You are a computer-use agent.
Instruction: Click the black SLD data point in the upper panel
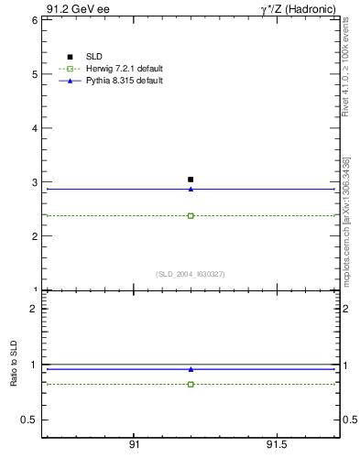point(191,180)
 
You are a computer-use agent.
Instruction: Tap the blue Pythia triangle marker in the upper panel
point(191,189)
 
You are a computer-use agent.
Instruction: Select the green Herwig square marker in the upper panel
point(191,216)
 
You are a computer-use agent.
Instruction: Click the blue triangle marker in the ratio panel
point(191,369)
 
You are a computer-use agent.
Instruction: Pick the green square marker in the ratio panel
point(191,384)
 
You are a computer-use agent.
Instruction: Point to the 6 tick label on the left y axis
point(33,19)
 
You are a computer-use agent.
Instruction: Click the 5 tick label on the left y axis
point(33,73)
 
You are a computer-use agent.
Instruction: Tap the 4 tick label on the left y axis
point(33,128)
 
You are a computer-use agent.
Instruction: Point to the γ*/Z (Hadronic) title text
point(298,8)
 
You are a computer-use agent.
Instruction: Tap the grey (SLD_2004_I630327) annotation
point(190,274)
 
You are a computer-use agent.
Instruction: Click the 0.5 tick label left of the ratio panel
point(27,420)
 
